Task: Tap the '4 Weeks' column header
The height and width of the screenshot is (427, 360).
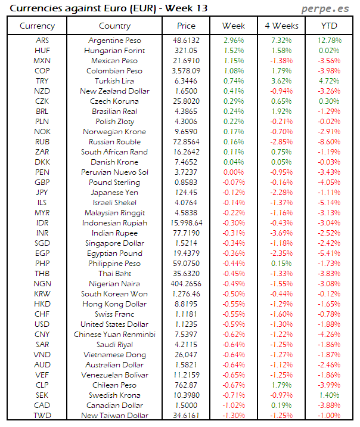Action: (281, 26)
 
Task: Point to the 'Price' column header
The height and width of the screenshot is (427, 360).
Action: (186, 26)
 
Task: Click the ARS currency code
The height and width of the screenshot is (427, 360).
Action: (42, 41)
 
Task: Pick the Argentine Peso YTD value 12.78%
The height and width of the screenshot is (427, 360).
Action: (330, 41)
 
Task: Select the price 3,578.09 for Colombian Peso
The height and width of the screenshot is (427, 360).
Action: (187, 71)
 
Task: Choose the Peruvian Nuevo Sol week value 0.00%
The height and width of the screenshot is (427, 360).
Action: (234, 172)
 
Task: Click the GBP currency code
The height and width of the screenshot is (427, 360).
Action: (42, 182)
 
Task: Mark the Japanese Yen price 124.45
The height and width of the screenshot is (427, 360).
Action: (187, 193)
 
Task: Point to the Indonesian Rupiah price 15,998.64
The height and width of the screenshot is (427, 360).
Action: (187, 223)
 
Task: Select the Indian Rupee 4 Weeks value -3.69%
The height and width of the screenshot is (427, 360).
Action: (281, 233)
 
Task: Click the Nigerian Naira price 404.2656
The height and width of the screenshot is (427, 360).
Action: (187, 284)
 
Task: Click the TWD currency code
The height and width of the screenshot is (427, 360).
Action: (42, 416)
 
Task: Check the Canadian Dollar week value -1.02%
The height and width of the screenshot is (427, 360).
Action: (234, 406)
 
